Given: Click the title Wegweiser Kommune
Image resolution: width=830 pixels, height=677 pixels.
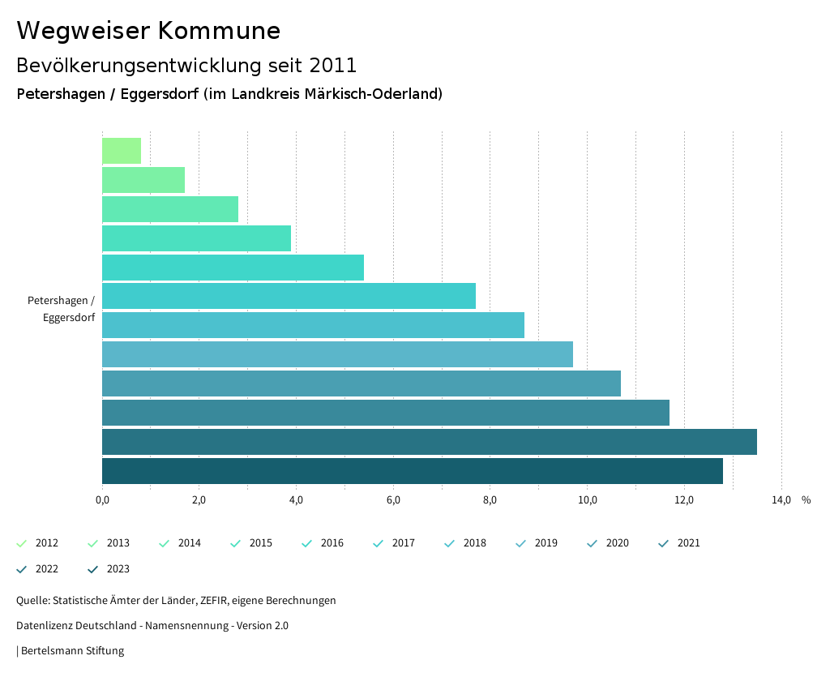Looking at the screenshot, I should pos(148,31).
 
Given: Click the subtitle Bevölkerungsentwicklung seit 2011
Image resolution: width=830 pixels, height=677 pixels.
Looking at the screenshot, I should pos(186,65).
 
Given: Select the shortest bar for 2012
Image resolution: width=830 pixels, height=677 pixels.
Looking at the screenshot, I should pos(122,151).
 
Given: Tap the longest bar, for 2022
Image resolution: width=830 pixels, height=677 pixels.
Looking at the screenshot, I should pos(429,442).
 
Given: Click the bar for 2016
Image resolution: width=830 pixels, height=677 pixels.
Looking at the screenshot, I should pos(233,268).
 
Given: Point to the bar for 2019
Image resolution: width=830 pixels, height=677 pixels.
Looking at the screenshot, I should pos(337,354).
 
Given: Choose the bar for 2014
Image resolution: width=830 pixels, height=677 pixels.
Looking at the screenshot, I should pos(170,209).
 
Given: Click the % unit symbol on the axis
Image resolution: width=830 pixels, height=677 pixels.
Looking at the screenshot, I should pos(806,500).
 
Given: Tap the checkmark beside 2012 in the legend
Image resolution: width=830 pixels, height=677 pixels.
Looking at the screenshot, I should pos(22,543).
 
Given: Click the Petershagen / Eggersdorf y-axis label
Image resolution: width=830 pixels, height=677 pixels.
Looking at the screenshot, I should pos(62,309).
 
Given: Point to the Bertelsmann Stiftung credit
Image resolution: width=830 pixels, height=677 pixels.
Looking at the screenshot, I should pos(72,651).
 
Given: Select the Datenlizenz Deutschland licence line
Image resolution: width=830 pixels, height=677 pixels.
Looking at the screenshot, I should pos(152,626).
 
